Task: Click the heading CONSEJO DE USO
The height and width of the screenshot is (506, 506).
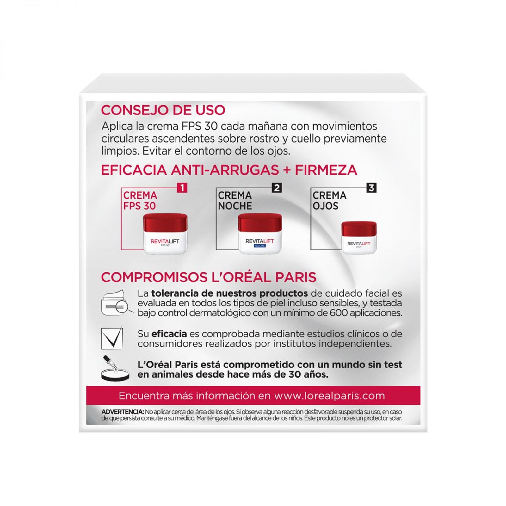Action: pos(163,110)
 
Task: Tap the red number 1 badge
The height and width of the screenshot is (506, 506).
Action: pos(182,188)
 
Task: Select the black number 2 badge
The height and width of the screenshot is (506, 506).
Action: pos(277,188)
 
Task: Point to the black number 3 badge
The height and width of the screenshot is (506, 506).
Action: pos(371,188)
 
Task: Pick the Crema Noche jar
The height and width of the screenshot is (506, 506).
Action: pos(260,233)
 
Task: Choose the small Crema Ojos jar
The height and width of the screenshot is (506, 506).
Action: pos(359,237)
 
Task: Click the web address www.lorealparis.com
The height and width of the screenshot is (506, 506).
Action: pos(329,396)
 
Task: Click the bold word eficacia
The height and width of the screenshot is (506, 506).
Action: pos(169,334)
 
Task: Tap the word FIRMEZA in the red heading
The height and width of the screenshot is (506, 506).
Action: pos(326,170)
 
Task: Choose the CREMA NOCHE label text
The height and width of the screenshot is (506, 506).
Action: pos(235,201)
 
